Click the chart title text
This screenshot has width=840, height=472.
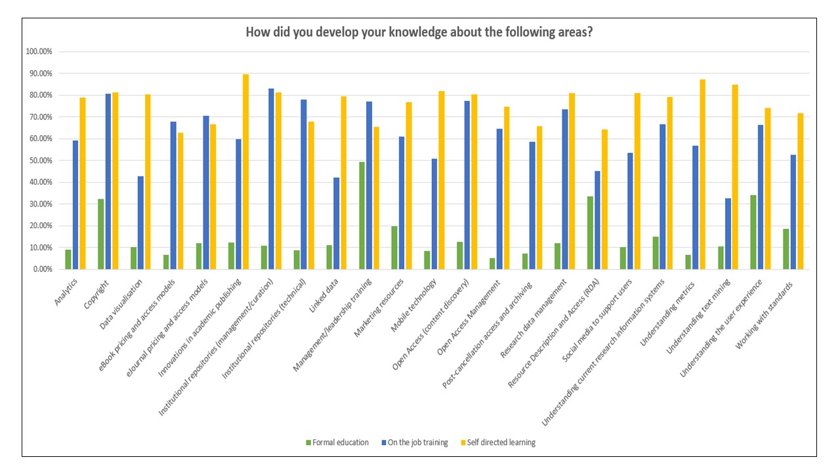coord(419,32)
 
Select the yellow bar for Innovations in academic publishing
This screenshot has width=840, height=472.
coord(246,172)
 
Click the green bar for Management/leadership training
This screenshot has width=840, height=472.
coord(362,216)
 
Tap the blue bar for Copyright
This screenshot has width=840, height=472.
coord(108,182)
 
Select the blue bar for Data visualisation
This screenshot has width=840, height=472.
coord(140,223)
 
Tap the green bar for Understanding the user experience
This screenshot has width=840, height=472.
coord(753,232)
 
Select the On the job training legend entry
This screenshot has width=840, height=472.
coord(415,442)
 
